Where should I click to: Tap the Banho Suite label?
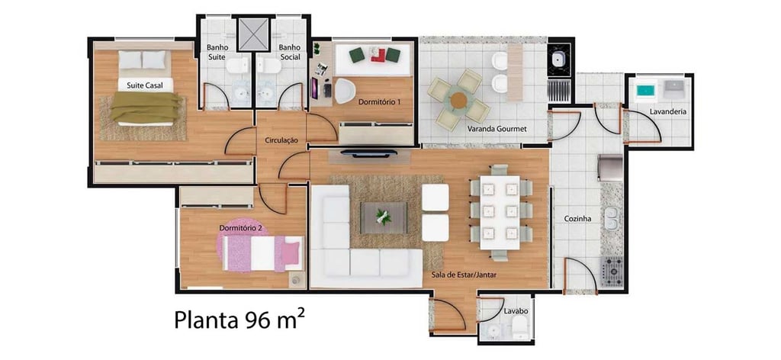tap(217, 53)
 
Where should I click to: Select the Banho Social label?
tap(289, 53)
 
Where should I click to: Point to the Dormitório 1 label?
tap(380, 101)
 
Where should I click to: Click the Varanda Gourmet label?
tap(497, 129)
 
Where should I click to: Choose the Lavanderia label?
tap(668, 112)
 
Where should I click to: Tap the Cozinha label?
tap(577, 219)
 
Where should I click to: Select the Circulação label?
tap(281, 140)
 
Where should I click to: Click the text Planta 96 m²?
tap(239, 320)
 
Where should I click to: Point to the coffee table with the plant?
tap(384, 217)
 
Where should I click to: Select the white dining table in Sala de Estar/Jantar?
tap(500, 212)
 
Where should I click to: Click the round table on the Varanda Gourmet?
tap(458, 100)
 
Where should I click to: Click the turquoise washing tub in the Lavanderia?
tap(647, 91)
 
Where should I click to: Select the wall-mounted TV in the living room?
tap(368, 153)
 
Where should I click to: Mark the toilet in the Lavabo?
tap(519, 328)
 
